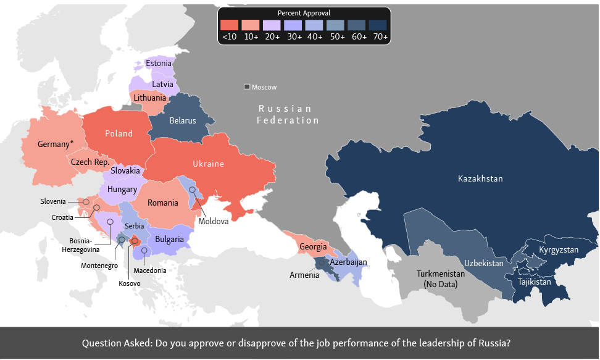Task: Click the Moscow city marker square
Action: [247, 87]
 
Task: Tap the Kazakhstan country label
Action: [480, 178]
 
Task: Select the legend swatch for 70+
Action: [378, 25]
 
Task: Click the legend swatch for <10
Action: [229, 25]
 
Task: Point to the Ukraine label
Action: [208, 164]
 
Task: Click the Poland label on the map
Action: [119, 133]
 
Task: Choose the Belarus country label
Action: [183, 121]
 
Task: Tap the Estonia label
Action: [159, 63]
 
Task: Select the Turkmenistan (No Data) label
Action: [441, 278]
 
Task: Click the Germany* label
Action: [56, 144]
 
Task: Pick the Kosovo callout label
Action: [130, 283]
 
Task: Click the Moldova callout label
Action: [214, 221]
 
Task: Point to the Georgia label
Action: [313, 247]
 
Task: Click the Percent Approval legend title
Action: [304, 13]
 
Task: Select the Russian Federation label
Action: [288, 114]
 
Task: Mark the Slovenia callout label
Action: [53, 201]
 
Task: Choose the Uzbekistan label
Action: [484, 262]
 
